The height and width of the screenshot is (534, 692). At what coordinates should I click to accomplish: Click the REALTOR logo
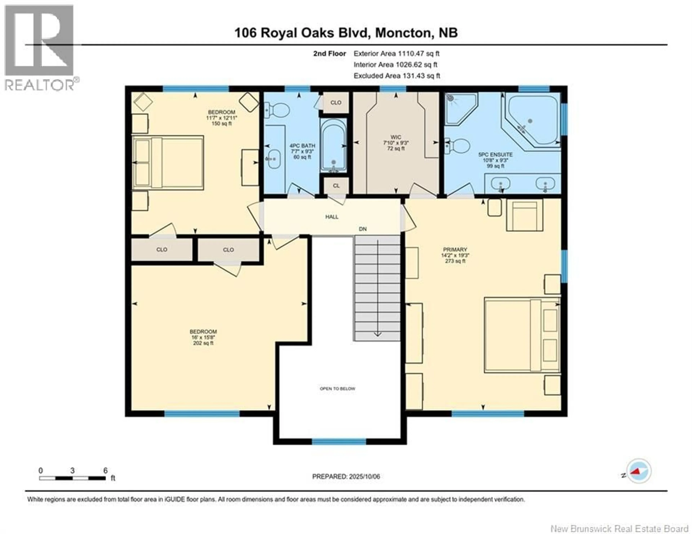pos(40,48)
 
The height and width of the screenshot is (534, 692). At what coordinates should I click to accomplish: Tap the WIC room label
pos(396,143)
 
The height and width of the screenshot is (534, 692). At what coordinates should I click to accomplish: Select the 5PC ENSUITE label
pos(495,160)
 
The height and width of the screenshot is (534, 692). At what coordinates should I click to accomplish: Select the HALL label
pos(332,217)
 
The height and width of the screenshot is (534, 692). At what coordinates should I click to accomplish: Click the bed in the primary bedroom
pos(521,335)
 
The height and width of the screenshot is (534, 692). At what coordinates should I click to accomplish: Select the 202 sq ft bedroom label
pos(203,337)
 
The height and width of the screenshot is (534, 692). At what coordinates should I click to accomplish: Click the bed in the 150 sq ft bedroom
pos(168,163)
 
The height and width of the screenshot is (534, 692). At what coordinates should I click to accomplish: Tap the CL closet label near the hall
pos(336,186)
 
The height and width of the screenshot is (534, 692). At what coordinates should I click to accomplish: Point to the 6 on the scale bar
pos(105,471)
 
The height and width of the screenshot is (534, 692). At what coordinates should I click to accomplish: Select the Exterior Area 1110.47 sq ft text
pos(396,54)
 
